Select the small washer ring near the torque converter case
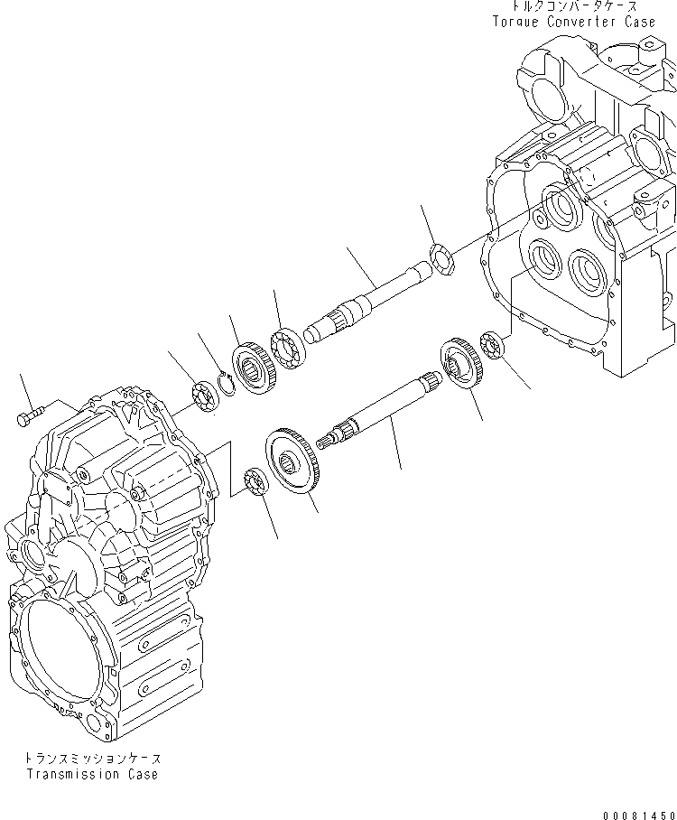[x=442, y=260]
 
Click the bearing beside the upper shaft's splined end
[x=288, y=349]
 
